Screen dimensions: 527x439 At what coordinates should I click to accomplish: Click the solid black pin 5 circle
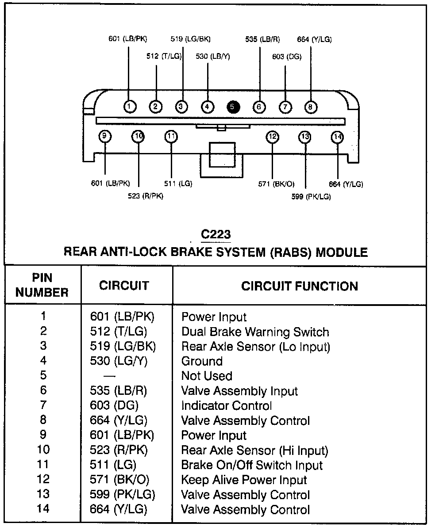click(233, 107)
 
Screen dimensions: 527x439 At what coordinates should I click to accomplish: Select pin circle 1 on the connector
click(129, 107)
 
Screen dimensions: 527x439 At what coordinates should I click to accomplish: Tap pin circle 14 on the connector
click(337, 137)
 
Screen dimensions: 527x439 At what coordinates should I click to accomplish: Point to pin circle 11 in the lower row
click(171, 137)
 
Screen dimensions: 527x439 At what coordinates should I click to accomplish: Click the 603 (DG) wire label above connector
click(287, 57)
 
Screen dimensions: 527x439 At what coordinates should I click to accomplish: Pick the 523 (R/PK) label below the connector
click(146, 196)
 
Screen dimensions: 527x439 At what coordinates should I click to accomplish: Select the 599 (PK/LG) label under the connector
click(311, 196)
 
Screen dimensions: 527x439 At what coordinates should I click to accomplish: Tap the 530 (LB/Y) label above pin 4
click(213, 57)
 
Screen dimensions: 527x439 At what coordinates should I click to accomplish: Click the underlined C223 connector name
click(216, 234)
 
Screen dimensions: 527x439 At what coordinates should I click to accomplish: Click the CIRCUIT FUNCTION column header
click(300, 286)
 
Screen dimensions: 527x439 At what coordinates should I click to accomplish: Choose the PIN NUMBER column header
click(42, 285)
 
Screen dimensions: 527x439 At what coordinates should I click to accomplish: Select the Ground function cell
click(202, 361)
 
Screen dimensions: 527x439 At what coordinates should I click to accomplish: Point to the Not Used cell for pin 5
click(207, 376)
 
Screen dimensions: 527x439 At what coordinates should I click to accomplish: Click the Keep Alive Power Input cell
click(244, 480)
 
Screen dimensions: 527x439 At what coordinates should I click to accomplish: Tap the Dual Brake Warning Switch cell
click(255, 332)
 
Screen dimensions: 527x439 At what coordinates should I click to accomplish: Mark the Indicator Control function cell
click(227, 406)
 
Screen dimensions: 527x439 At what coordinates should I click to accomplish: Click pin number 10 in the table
click(42, 450)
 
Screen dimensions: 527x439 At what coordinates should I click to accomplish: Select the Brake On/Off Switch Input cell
click(252, 465)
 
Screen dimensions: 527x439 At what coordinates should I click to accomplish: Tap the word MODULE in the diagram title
click(341, 252)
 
